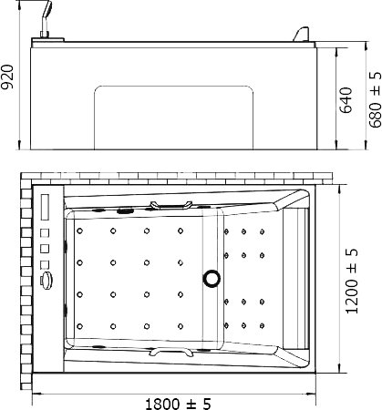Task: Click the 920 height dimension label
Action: [7, 77]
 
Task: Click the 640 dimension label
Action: [346, 100]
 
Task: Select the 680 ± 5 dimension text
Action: [376, 99]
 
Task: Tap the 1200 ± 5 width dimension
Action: [352, 281]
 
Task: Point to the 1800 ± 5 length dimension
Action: [178, 404]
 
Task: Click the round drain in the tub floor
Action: [212, 278]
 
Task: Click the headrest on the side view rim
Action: [301, 34]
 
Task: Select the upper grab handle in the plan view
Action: [171, 205]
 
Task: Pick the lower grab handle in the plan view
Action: [171, 353]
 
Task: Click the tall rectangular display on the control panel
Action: [45, 207]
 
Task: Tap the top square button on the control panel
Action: [45, 233]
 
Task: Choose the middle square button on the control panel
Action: [45, 249]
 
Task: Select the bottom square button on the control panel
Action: [45, 264]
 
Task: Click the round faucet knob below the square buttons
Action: [46, 281]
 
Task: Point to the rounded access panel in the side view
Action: [173, 87]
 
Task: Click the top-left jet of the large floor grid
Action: [79, 231]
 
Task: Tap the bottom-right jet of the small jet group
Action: [262, 326]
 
